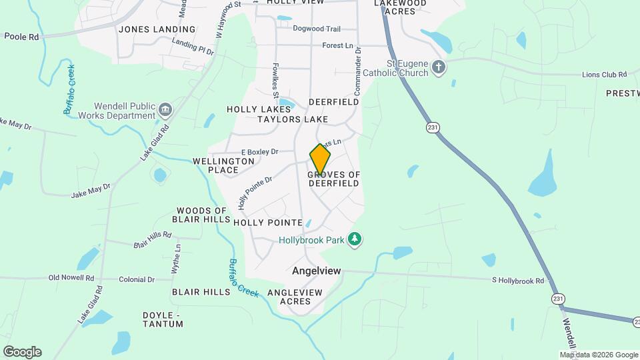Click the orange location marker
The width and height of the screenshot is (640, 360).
pos(320,159)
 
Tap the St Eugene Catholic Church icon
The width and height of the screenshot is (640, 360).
pos(438,67)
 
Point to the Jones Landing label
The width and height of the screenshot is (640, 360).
pos(157,29)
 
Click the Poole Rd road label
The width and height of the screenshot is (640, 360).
pos(21,37)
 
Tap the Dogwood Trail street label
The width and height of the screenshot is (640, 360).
pos(317,29)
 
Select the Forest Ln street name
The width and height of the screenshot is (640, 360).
pos(337,45)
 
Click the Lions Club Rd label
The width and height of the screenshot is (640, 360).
pos(605,75)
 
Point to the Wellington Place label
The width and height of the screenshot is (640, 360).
pos(223,165)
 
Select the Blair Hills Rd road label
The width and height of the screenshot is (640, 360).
pos(153,240)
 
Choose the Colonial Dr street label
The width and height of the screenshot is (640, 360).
pos(137,280)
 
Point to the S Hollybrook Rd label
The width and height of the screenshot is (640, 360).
pos(517,281)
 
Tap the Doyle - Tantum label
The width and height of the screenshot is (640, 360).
pos(163,319)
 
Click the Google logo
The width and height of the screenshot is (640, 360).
pos(21,351)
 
